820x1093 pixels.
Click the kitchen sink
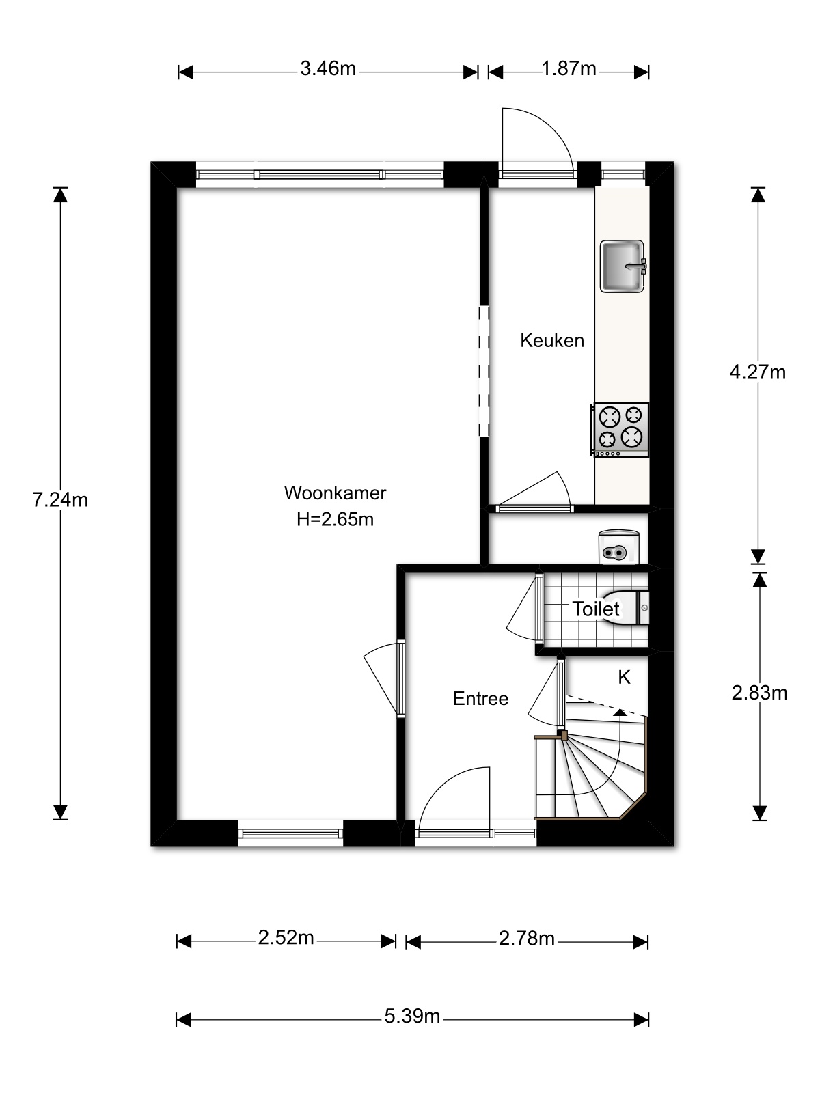623,266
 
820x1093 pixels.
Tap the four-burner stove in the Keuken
620,430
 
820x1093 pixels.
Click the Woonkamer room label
335,493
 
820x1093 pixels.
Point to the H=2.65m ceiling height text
335,519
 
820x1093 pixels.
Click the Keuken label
552,341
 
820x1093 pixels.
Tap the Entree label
480,699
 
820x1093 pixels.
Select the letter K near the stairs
624,677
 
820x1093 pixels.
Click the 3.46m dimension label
328,69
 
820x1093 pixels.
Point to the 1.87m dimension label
569,69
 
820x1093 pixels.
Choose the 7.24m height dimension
60,500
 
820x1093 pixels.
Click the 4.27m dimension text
758,372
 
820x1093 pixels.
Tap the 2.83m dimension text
760,693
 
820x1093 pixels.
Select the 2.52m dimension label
286,938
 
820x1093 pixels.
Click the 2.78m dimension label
527,939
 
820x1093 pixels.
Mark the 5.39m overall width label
412,1016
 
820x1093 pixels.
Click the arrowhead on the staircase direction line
620,713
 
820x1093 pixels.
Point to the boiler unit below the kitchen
618,546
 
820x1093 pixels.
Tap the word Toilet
595,609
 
